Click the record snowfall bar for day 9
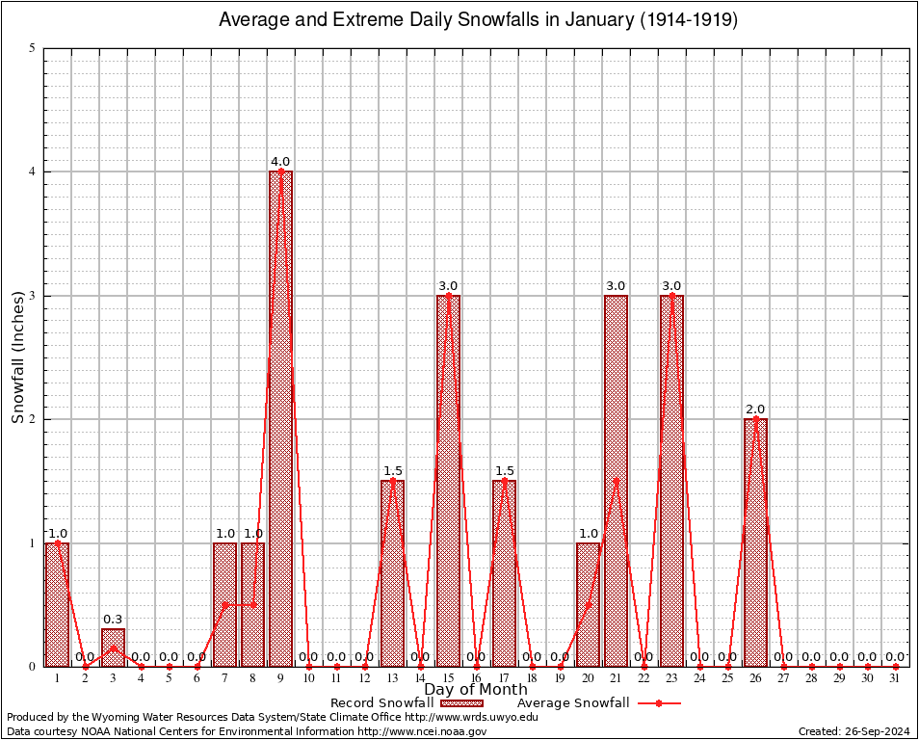(x=280, y=419)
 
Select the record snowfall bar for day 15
(x=448, y=481)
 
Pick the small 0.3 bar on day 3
(x=113, y=647)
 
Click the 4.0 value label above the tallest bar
(x=280, y=162)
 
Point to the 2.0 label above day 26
(x=755, y=410)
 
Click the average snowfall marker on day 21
(x=616, y=481)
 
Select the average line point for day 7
(x=224, y=604)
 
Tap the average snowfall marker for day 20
(x=588, y=604)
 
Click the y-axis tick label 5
(x=33, y=48)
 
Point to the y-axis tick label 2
(x=33, y=419)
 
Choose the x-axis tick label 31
(x=895, y=678)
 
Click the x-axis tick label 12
(x=364, y=678)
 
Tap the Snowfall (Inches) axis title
(x=18, y=357)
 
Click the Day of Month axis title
(x=476, y=690)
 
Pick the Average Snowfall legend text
(x=573, y=703)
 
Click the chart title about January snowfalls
(x=478, y=20)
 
